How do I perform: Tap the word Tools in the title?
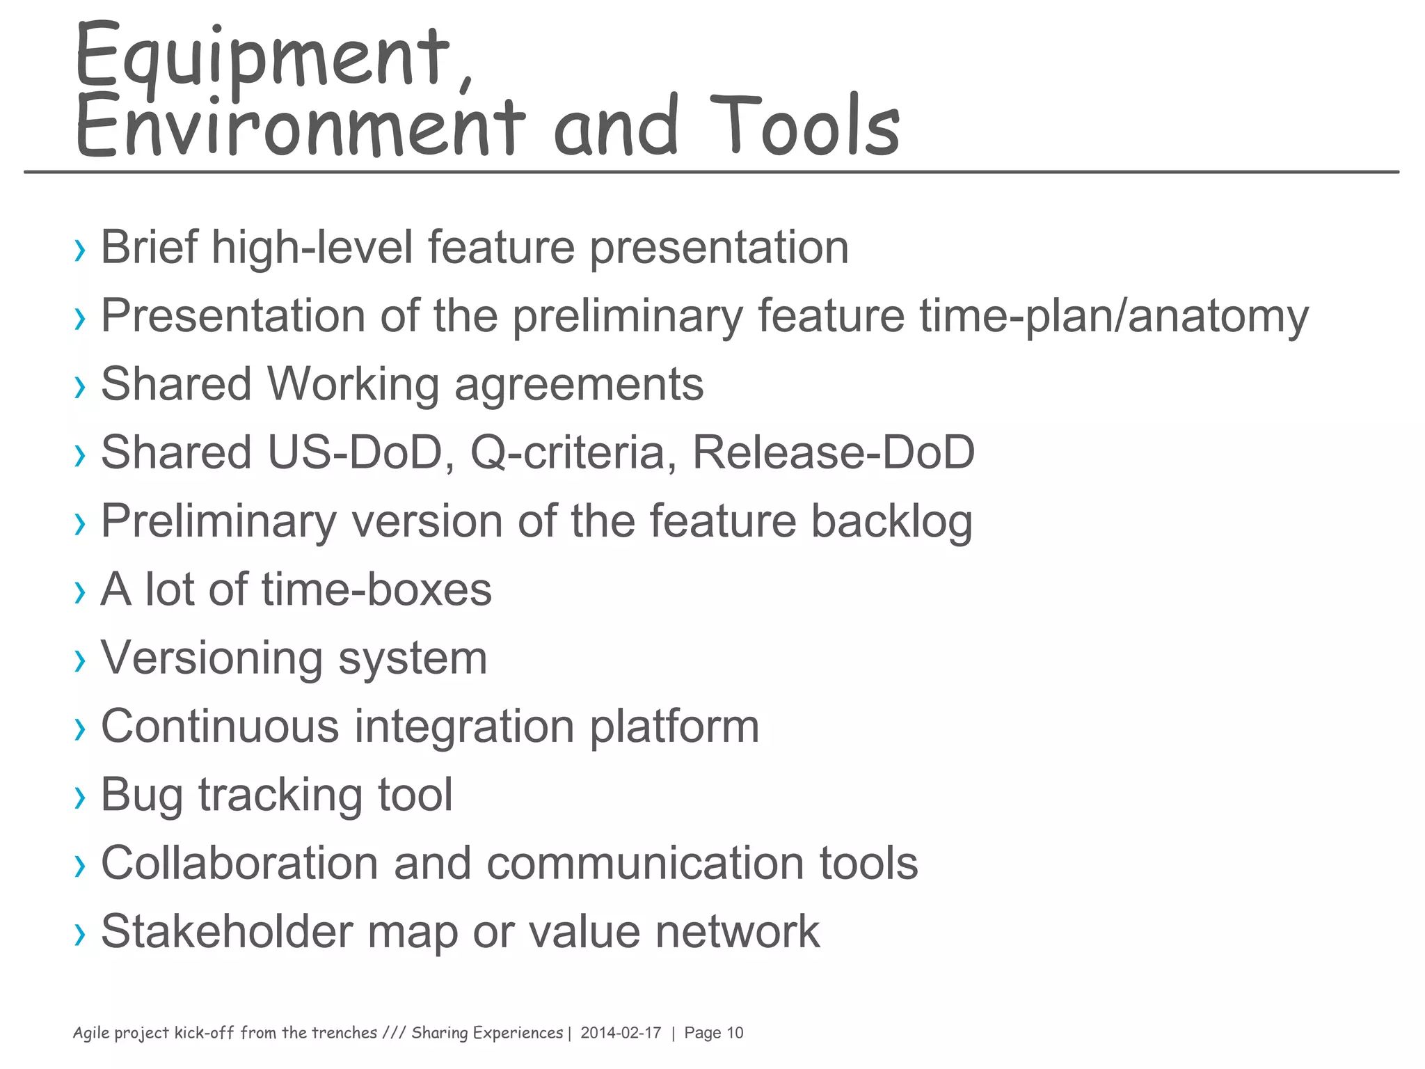click(x=804, y=125)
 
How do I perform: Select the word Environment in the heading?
click(x=299, y=125)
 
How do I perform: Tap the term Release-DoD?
click(x=834, y=452)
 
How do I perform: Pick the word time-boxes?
click(x=376, y=589)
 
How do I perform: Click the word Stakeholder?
click(x=227, y=931)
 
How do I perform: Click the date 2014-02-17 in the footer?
click(x=621, y=1033)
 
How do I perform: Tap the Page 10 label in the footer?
click(x=714, y=1033)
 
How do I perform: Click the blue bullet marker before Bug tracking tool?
click(x=81, y=797)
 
